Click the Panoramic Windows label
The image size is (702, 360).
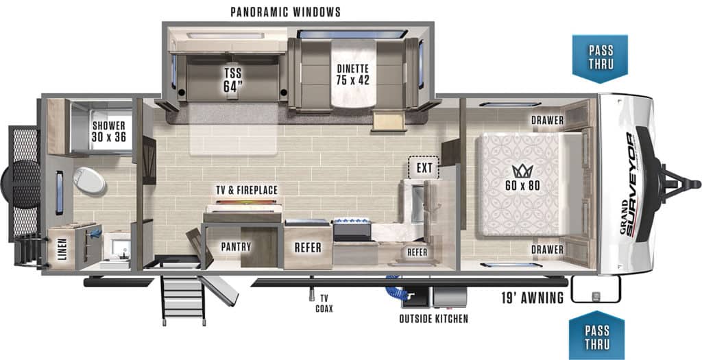(x=286, y=12)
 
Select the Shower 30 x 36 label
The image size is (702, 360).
(x=109, y=131)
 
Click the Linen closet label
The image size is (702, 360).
(x=62, y=250)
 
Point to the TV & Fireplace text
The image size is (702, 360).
(x=247, y=191)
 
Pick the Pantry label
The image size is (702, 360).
(x=236, y=247)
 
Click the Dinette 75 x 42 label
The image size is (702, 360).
(x=352, y=74)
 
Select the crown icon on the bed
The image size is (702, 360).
(x=522, y=171)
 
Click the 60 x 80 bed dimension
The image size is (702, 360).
(x=523, y=185)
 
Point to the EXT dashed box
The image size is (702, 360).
(x=424, y=168)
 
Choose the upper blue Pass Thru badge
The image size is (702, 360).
(x=600, y=58)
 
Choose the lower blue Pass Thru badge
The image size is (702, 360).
(x=597, y=336)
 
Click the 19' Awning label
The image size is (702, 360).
(x=532, y=298)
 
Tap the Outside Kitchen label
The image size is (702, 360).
(x=434, y=319)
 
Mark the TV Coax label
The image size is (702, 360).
(x=324, y=303)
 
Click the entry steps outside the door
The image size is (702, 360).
(x=182, y=299)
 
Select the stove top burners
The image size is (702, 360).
(x=351, y=222)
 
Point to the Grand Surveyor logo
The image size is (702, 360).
(x=629, y=183)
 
